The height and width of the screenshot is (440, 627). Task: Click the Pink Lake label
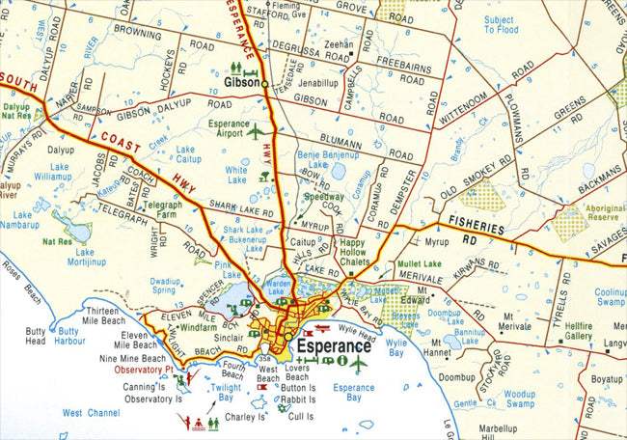point(228,268)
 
